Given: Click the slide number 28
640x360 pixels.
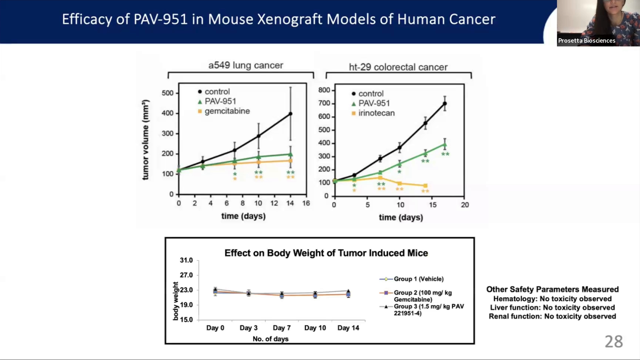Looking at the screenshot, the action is pos(614,342).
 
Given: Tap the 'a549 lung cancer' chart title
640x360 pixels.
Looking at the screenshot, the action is pos(246,65).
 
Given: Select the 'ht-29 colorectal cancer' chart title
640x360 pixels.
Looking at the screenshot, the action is pos(398,67).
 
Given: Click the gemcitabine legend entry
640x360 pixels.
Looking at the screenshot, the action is pos(224,111).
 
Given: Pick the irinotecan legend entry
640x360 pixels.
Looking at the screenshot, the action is pos(373,113).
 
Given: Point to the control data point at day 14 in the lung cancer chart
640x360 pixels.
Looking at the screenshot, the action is pos(290,114).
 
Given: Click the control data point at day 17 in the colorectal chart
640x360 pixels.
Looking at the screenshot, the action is pos(445,104).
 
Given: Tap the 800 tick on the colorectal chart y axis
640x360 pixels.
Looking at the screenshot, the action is pos(324,90).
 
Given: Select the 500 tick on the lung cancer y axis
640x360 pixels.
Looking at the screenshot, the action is pos(168,93).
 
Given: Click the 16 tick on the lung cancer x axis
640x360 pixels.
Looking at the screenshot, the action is pos(306,203).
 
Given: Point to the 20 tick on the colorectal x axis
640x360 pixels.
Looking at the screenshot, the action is pos(465,205).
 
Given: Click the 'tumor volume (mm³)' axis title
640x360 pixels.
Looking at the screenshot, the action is pos(145,140).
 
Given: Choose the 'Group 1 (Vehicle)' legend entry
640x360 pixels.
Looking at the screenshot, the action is pos(411,279).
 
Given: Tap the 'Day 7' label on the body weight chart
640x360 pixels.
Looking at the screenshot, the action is pos(282,328).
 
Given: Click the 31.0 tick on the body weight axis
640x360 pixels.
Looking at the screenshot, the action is pos(186,260).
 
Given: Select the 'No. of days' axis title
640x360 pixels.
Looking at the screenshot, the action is pos(270,339).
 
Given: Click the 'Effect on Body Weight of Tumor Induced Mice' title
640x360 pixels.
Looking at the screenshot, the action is pos(326,253).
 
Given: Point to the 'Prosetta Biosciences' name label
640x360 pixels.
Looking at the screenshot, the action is pos(587,41).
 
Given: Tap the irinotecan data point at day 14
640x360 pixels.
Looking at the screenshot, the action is pos(425,186).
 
